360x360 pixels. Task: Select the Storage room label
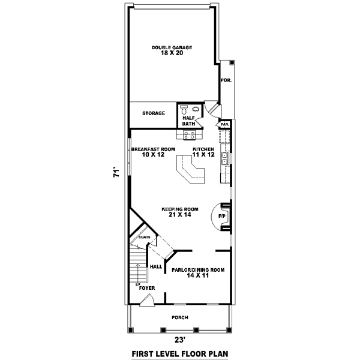click(x=153, y=113)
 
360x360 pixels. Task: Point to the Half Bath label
click(x=189, y=121)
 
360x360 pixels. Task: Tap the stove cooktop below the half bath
click(x=190, y=134)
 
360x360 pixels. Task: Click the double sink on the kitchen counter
click(x=224, y=159)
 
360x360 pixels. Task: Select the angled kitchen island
click(x=191, y=172)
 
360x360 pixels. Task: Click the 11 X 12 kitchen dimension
click(x=203, y=155)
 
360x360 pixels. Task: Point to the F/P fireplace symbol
click(x=221, y=216)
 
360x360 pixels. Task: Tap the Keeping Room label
click(x=176, y=209)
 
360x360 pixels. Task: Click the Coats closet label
click(x=144, y=237)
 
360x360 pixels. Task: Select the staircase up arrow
click(x=137, y=284)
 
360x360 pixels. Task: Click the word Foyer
click(x=147, y=288)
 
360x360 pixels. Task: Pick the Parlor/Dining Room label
click(x=198, y=270)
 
